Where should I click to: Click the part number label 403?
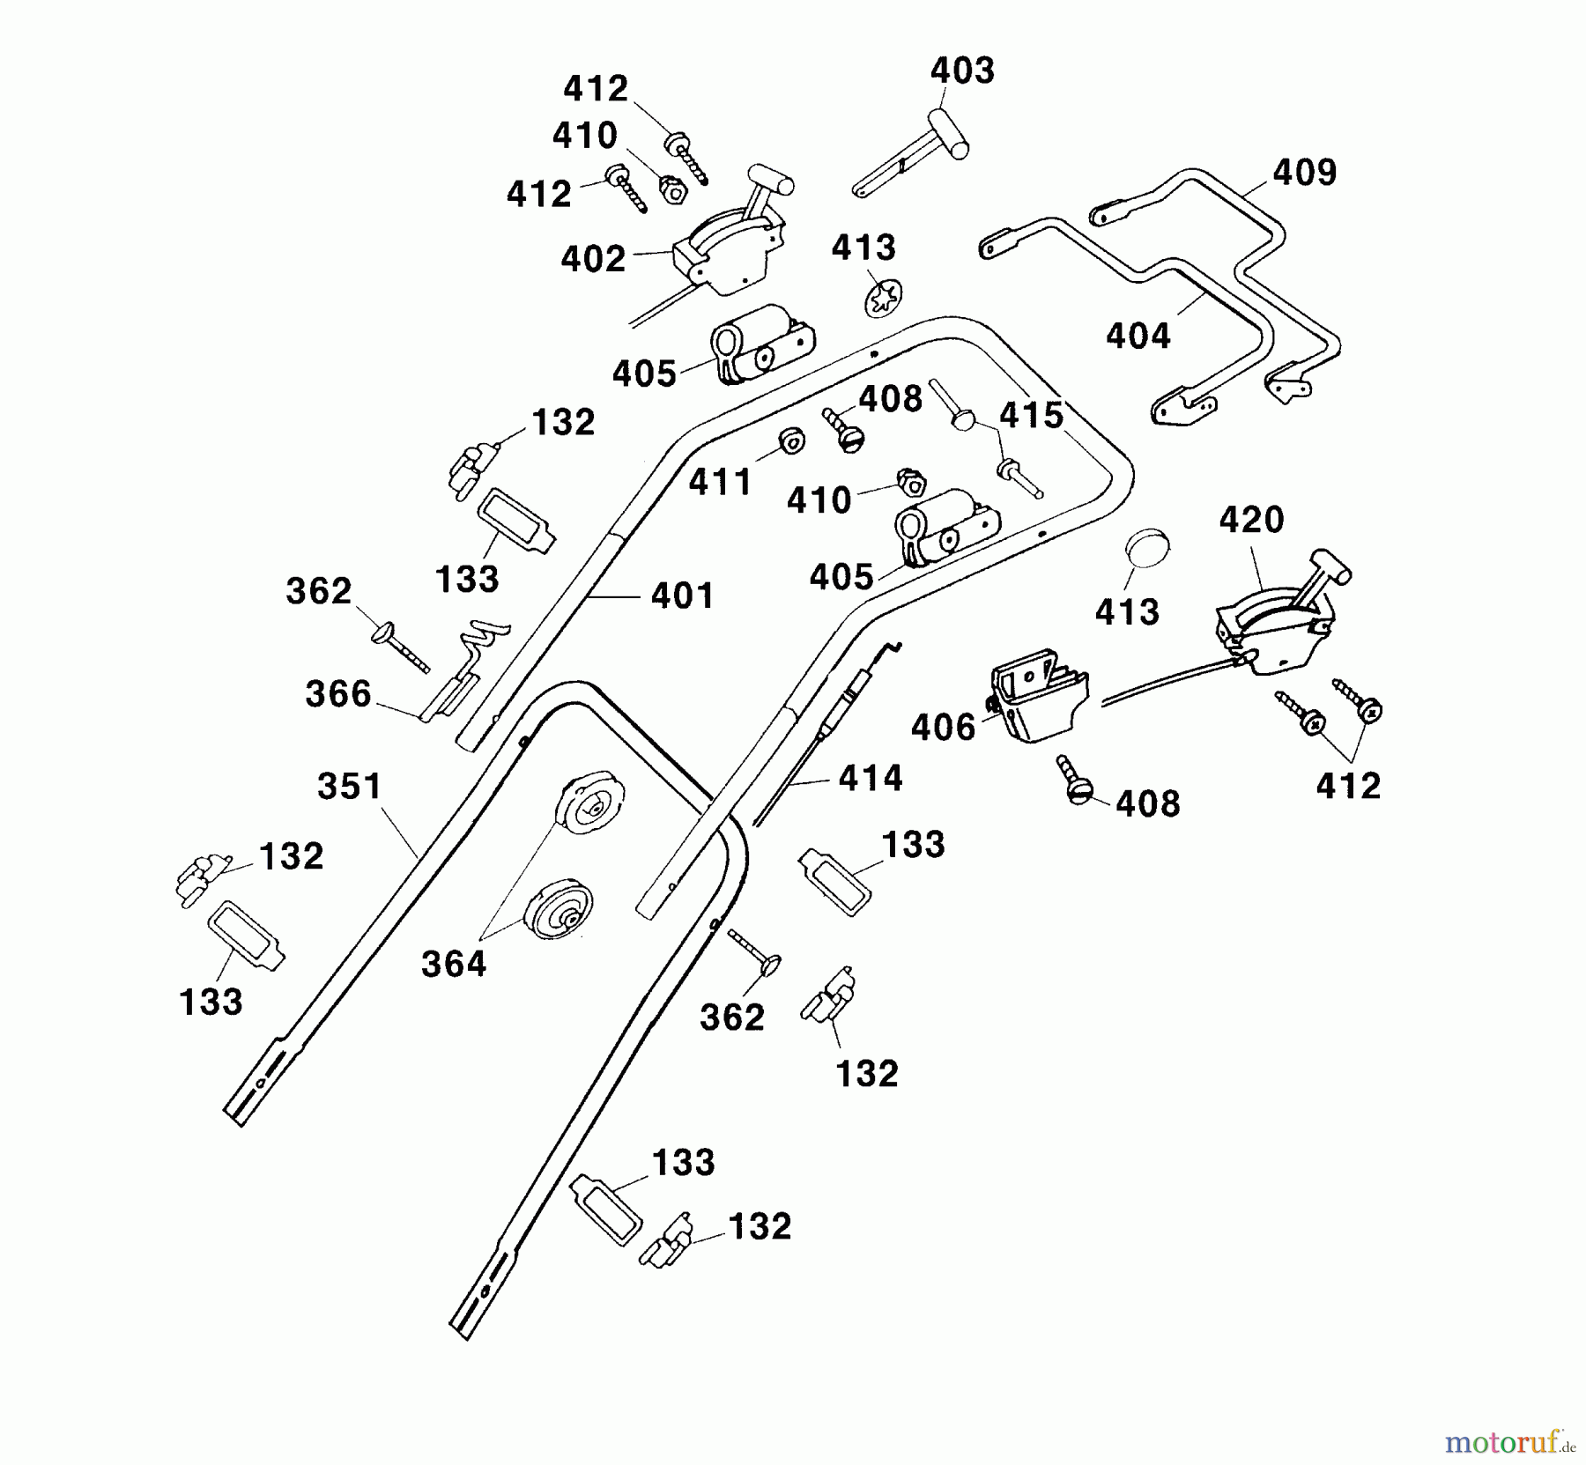(962, 70)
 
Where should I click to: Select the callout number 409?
(1304, 173)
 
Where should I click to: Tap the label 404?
(1138, 336)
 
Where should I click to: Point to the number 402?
(593, 258)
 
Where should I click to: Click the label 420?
(1251, 520)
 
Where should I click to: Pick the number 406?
(943, 728)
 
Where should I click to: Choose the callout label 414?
(870, 778)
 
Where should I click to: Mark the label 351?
(350, 787)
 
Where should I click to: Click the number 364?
(454, 965)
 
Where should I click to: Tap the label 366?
(338, 694)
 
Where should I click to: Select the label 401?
(682, 596)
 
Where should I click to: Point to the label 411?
(721, 483)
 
